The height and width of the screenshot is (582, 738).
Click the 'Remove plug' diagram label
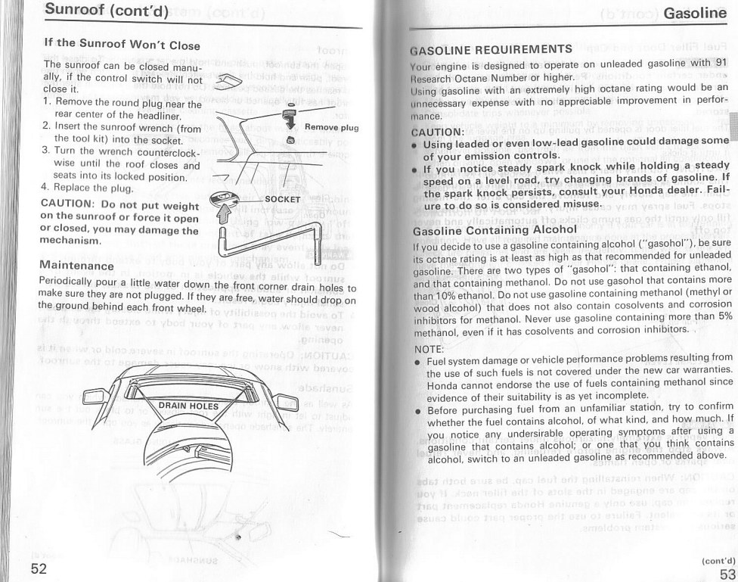tap(331, 127)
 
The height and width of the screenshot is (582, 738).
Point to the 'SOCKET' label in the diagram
tap(284, 199)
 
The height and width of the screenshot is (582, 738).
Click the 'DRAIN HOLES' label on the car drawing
tap(188, 406)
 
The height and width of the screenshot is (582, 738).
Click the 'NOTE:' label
tap(431, 349)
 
